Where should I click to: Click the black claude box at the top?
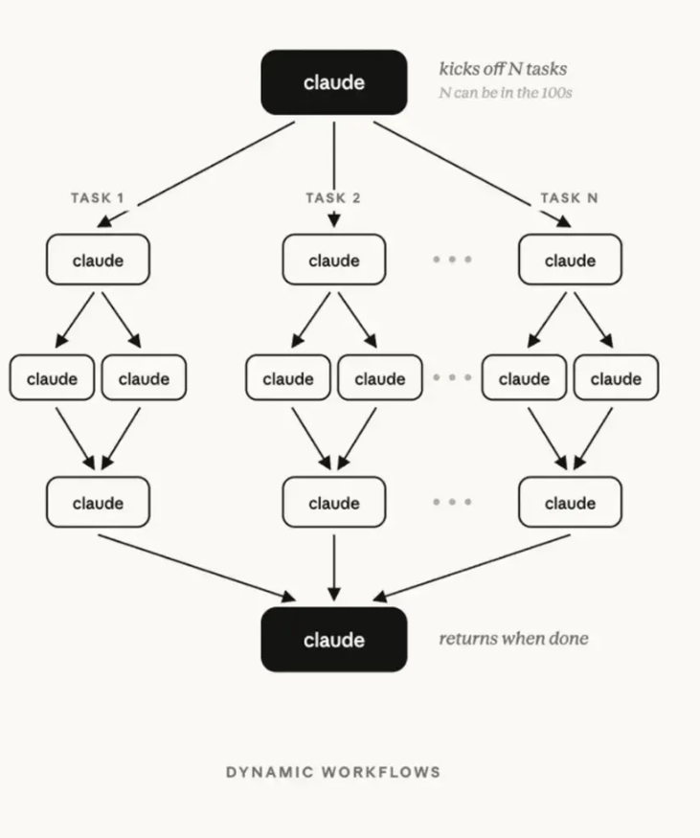point(334,82)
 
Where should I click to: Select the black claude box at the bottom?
point(334,639)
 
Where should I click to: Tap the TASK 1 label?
point(98,197)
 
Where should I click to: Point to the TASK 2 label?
point(333,197)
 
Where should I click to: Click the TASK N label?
point(569,197)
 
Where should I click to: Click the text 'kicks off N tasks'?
point(503,69)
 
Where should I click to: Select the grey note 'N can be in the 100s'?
point(506,93)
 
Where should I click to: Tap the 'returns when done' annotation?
point(513,638)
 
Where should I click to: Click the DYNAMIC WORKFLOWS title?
point(333,772)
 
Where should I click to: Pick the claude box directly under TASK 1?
point(98,260)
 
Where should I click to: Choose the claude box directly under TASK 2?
point(334,260)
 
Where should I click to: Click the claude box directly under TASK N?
point(570,260)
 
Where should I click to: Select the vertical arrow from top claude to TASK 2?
point(334,174)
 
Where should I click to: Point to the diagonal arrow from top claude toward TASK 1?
point(195,174)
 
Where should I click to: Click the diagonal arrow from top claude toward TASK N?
point(472,174)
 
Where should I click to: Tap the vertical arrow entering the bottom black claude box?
point(334,568)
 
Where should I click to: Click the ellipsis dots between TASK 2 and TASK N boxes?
point(452,260)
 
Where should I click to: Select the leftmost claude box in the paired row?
point(52,377)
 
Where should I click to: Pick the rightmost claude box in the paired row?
point(616,377)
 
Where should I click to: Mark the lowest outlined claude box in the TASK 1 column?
point(98,502)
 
